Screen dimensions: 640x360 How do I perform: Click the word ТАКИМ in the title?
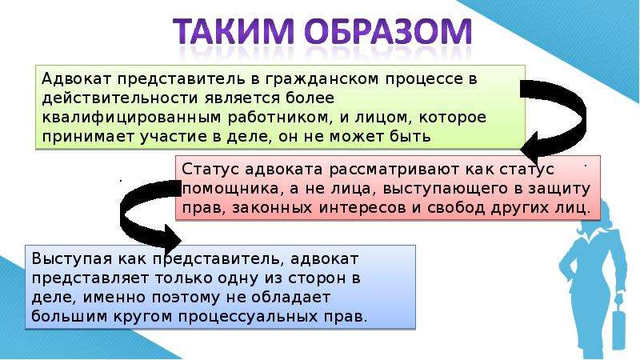(233, 31)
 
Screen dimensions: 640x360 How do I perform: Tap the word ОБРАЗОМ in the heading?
(388, 31)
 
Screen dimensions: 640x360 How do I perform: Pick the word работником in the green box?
(278, 118)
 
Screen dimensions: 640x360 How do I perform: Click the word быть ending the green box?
(410, 136)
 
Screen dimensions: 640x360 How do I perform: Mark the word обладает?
(290, 298)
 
